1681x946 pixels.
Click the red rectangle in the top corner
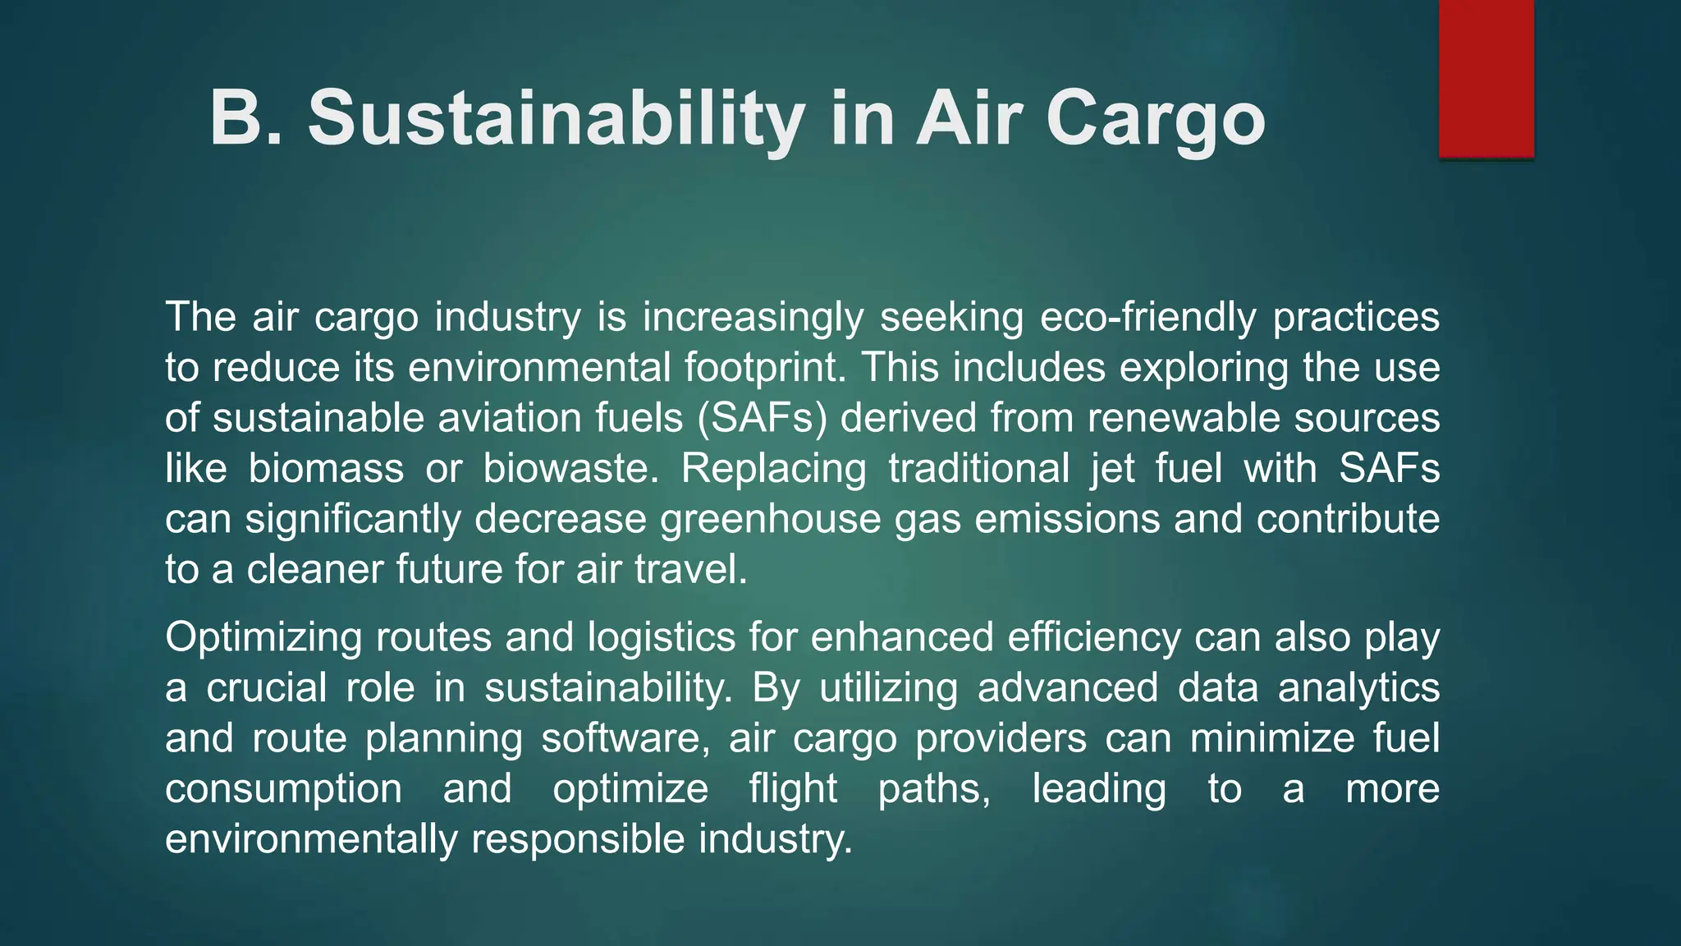1486,78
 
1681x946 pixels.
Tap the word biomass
326,469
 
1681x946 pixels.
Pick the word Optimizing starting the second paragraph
263,638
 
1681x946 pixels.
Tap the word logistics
662,638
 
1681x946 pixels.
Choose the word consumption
283,789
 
